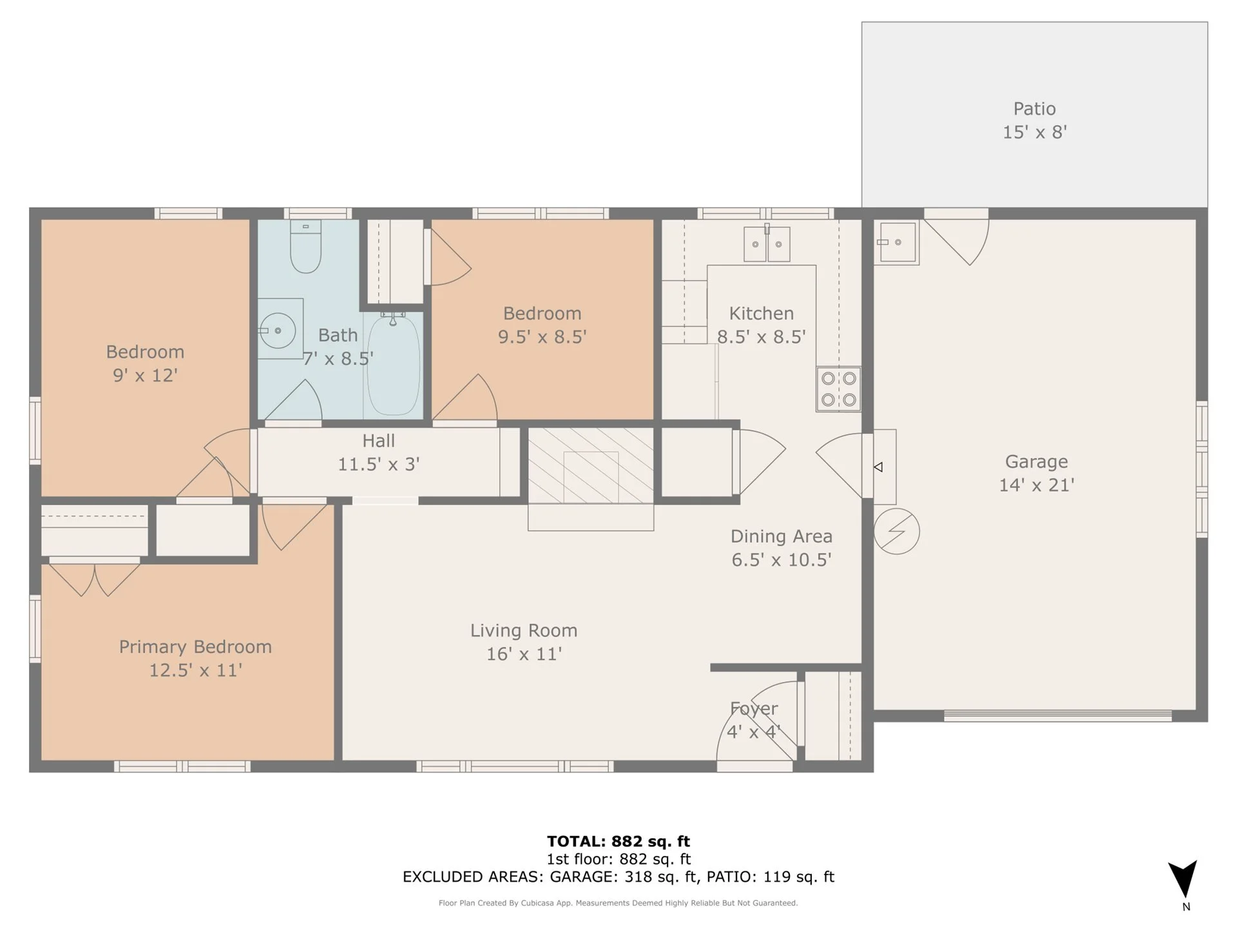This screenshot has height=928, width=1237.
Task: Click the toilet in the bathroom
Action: point(305,247)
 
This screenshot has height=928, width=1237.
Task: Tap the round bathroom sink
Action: point(278,330)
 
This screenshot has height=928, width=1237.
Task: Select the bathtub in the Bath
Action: point(393,365)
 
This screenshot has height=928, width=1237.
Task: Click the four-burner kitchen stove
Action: point(838,389)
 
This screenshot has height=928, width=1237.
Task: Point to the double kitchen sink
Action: point(767,244)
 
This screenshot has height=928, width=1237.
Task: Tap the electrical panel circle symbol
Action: point(896,531)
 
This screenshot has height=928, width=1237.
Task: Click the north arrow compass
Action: point(1184,880)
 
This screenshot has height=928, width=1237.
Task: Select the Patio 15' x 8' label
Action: point(1034,120)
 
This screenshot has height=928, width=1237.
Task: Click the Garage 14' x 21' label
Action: point(1036,472)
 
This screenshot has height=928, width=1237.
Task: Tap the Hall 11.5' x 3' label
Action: point(378,452)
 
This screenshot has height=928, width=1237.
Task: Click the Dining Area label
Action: point(781,547)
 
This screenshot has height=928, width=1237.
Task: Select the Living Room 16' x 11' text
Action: point(523,641)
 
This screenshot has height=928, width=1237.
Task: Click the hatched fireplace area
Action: point(590,465)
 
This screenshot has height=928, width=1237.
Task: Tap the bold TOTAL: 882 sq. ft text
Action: point(618,841)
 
